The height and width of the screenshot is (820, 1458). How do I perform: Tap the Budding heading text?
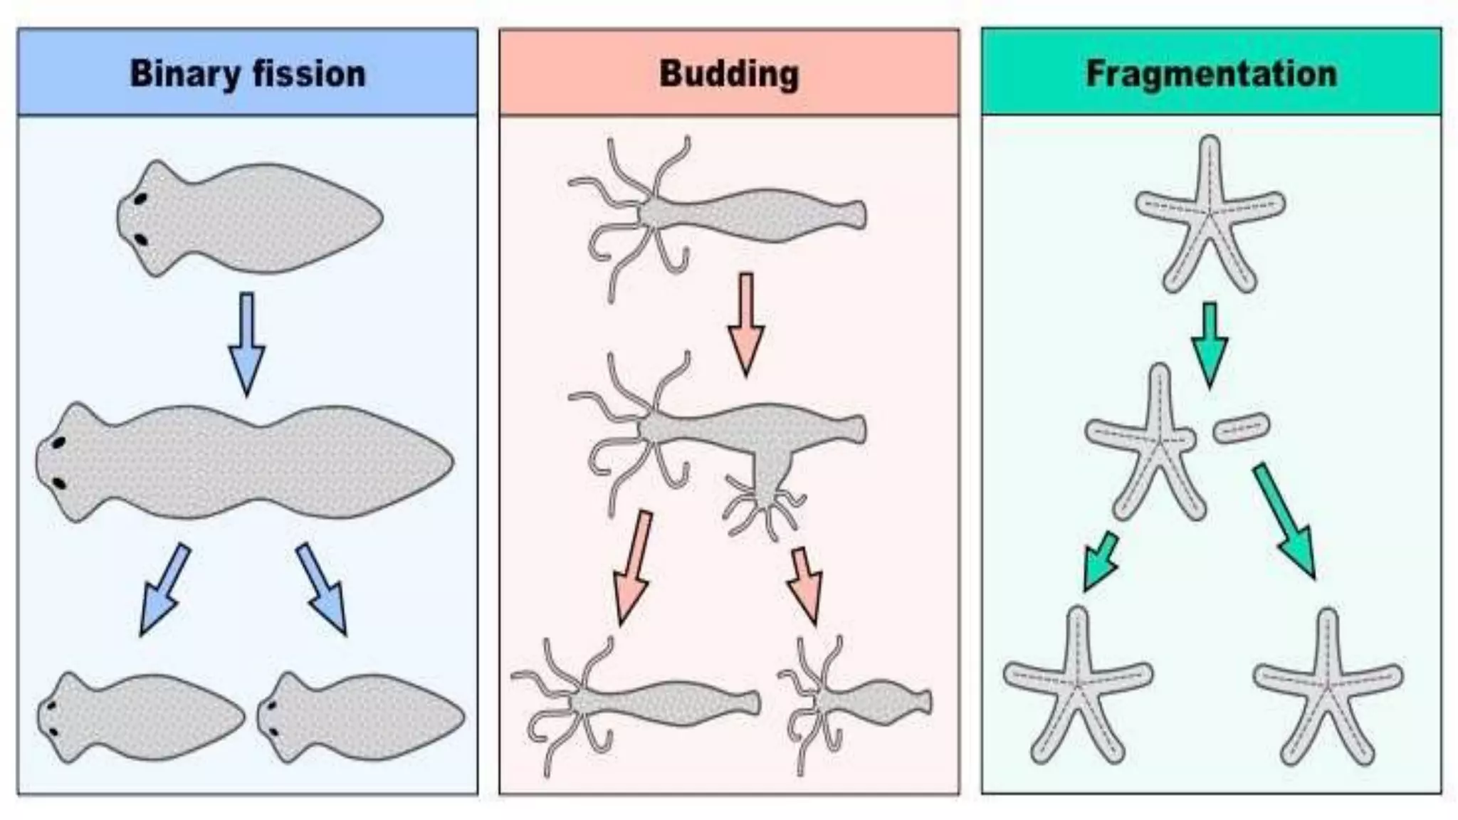[x=729, y=74]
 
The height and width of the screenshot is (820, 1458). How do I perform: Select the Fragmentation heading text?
[x=1211, y=74]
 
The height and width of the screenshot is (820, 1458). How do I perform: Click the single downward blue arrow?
[x=246, y=342]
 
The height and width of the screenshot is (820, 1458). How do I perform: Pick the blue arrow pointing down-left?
[x=164, y=589]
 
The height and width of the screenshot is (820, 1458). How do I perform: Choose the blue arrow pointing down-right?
[x=322, y=589]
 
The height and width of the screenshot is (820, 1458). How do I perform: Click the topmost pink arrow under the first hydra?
[x=746, y=324]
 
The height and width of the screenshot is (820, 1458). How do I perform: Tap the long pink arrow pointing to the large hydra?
[x=632, y=567]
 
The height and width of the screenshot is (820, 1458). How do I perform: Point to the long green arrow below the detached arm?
[x=1284, y=520]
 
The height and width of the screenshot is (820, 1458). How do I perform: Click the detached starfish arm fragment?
[x=1241, y=428]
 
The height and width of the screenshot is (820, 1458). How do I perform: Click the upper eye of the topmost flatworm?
[x=141, y=199]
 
